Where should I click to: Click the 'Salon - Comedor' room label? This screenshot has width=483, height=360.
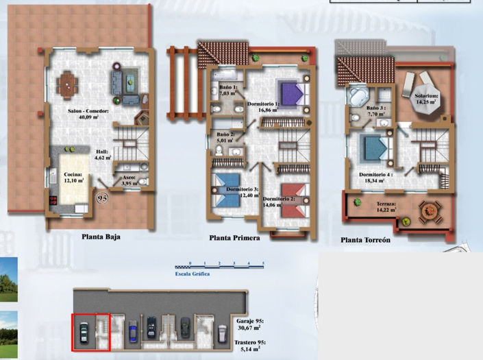pos(88,113)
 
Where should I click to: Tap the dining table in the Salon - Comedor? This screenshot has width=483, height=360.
pos(66,84)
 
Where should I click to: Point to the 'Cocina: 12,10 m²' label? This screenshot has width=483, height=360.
pos(75,178)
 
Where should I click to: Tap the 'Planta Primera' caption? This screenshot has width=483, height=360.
pos(235,238)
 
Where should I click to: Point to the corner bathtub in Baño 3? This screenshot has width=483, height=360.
pos(358,96)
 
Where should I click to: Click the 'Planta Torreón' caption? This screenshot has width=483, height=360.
pos(365,240)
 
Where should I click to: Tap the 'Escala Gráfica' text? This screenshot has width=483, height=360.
pos(192,274)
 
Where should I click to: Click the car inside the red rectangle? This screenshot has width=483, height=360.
pos(84,332)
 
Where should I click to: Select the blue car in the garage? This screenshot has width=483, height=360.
pos(151,327)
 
